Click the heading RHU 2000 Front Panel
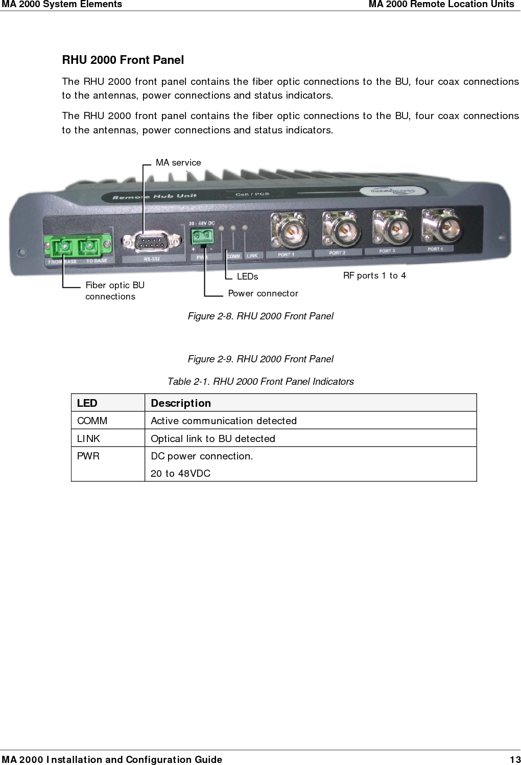coord(123,60)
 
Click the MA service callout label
coord(178,163)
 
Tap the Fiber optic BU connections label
coord(114,291)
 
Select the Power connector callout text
coord(263,293)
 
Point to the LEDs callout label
coord(247,276)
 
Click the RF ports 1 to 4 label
coord(374,275)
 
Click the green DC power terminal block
coord(202,236)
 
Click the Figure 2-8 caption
coord(260,316)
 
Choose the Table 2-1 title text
coord(260,382)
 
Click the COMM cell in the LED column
coord(92,421)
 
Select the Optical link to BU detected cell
coord(213,438)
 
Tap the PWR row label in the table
coord(88,456)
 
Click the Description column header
coord(181,403)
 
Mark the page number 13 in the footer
coord(515,759)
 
